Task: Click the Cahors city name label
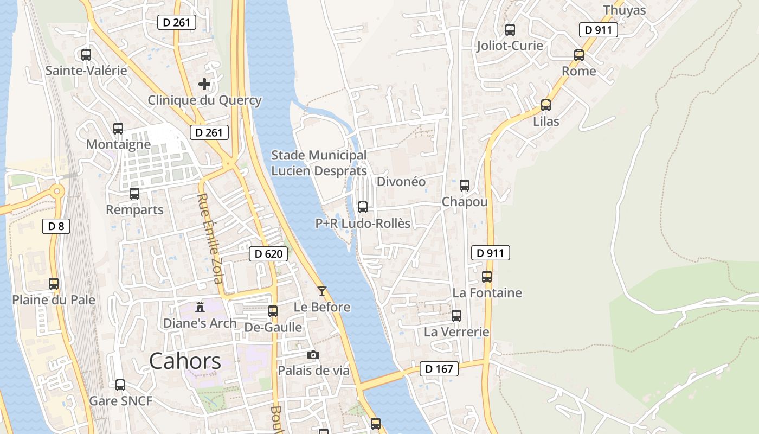185,361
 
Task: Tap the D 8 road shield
56,226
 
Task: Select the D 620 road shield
268,253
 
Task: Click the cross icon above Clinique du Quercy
204,84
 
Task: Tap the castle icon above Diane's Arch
200,307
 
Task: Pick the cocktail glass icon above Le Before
322,291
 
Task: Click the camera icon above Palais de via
313,355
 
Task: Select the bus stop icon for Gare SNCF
120,385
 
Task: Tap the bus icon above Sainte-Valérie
86,54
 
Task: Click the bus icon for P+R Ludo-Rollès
363,207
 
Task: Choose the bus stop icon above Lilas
546,105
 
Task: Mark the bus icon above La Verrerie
456,316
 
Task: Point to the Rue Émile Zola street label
210,239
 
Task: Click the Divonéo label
401,182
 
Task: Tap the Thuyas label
625,10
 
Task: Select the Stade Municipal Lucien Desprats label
319,163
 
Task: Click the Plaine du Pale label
54,300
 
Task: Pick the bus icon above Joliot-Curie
510,29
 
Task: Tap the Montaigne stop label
118,144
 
